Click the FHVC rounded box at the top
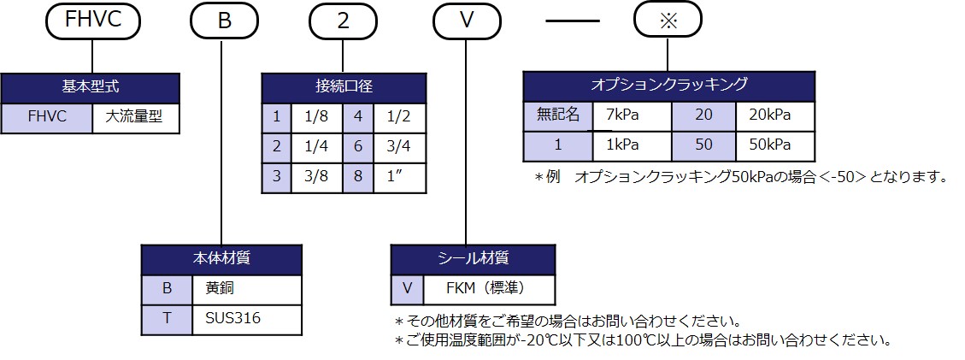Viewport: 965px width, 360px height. (89, 21)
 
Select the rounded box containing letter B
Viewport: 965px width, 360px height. (224, 21)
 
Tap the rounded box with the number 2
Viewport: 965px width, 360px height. (343, 21)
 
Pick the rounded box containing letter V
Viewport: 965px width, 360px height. (467, 21)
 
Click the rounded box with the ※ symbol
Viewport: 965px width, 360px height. (667, 21)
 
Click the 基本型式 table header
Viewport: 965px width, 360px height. (90, 87)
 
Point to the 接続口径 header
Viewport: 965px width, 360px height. (343, 87)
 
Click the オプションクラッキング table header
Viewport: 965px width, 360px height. (668, 86)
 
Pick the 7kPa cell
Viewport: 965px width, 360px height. (633, 115)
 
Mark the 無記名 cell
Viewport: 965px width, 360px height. (558, 115)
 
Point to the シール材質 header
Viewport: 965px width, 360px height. (473, 258)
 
